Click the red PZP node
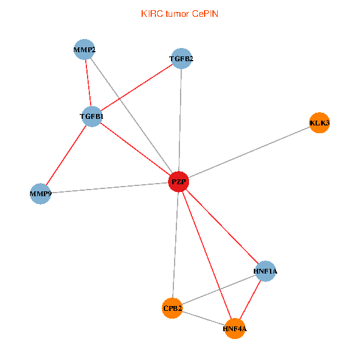[x=179, y=181]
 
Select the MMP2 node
[x=85, y=49]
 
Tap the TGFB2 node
[x=181, y=59]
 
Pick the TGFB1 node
[x=92, y=116]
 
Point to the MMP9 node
[x=40, y=194]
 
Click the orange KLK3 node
[x=319, y=123]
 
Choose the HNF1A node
[x=265, y=271]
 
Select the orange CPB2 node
[x=172, y=308]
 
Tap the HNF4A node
[x=235, y=329]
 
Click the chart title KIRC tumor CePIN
[x=179, y=13]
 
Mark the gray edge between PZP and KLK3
[x=249, y=152]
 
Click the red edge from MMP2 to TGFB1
[x=88, y=83]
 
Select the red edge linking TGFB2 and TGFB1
[x=137, y=87]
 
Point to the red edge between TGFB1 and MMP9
[x=66, y=155]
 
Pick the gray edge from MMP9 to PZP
[x=109, y=188]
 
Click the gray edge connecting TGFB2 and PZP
[x=180, y=120]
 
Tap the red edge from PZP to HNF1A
[x=222, y=226]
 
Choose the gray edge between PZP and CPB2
[x=176, y=245]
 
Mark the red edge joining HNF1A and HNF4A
[x=250, y=300]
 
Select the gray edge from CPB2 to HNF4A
[x=203, y=319]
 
